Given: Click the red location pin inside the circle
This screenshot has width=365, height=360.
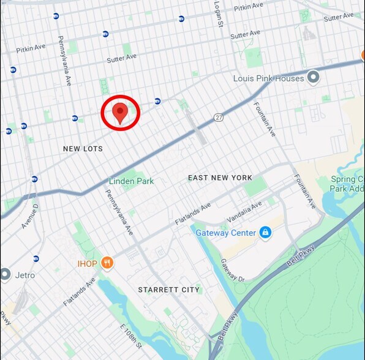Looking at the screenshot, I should [121, 112].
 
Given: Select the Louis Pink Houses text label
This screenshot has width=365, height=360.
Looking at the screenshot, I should [268, 78].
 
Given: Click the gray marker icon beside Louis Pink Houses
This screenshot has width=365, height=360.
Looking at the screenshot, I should [314, 77].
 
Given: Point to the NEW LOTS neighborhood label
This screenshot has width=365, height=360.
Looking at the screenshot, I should [83, 149].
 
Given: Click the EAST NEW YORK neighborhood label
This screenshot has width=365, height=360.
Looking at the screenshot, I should [220, 178].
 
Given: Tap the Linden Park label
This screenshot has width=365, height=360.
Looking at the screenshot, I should [132, 181].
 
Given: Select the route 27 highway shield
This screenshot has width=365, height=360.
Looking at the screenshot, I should [219, 117].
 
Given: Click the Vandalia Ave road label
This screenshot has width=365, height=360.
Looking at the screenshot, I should [243, 216].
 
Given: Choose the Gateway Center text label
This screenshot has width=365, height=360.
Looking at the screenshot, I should [226, 233].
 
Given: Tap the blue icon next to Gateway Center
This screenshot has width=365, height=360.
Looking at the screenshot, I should [265, 233].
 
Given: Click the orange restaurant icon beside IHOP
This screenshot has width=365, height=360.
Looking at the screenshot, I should [108, 263].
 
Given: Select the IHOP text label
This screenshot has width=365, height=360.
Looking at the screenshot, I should [86, 263].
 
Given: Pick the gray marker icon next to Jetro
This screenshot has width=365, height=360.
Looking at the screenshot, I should [6, 274].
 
